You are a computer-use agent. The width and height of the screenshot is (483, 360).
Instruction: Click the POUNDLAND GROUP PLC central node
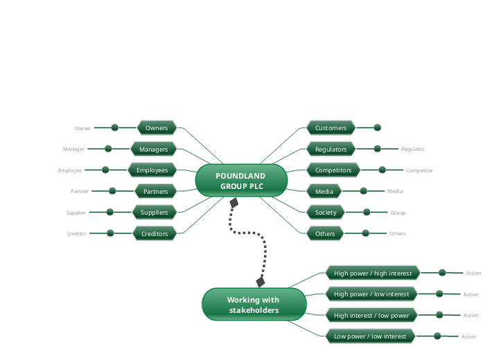(x=240, y=181)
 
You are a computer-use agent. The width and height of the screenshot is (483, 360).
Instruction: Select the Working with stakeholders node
(x=254, y=305)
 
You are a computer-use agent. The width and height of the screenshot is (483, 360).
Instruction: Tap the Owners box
(x=157, y=127)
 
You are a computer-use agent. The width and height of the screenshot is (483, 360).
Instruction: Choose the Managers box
(x=153, y=149)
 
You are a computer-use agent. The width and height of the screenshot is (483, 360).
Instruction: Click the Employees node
(x=152, y=170)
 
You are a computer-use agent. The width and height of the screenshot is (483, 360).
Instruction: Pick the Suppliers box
(x=154, y=212)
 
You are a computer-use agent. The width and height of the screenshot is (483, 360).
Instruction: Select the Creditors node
(x=155, y=233)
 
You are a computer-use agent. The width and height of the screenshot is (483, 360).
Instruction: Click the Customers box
(x=331, y=127)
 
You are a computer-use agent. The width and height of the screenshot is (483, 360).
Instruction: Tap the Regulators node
(x=331, y=149)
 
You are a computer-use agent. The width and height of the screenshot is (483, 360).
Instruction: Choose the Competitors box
(x=333, y=170)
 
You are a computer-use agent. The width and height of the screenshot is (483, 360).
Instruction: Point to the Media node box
(x=324, y=191)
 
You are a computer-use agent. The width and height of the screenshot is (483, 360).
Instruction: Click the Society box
(x=325, y=212)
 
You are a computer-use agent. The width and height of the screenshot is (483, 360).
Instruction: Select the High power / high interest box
(x=373, y=273)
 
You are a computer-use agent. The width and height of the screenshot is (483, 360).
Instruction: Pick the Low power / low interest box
(x=370, y=336)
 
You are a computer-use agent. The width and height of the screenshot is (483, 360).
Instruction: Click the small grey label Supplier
(x=76, y=213)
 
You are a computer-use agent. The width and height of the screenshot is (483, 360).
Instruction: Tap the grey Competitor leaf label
(x=419, y=170)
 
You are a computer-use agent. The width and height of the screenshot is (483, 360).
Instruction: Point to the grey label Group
(x=398, y=213)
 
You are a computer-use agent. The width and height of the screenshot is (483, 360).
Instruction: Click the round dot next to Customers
(x=378, y=127)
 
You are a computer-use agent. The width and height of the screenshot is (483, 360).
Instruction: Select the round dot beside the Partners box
(x=112, y=191)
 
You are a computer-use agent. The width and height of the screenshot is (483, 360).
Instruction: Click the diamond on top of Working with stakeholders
(x=261, y=282)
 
